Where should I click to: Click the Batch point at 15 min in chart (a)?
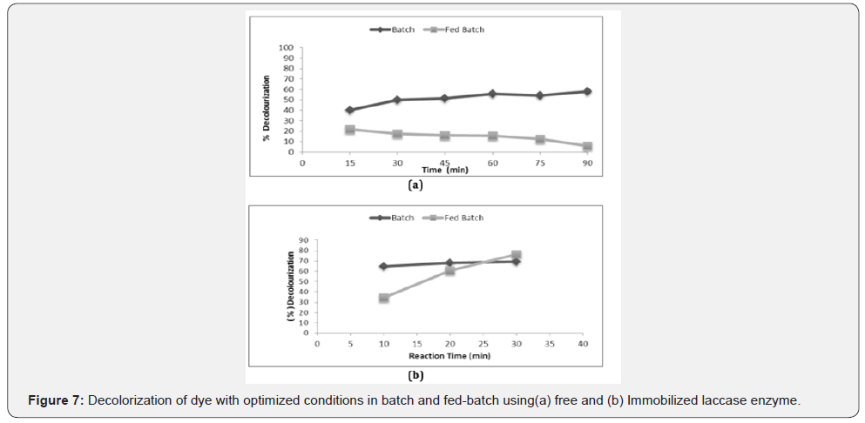pyautogui.click(x=350, y=111)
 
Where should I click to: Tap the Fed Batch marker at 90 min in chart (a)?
pyautogui.click(x=587, y=146)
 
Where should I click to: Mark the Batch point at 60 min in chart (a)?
pyautogui.click(x=492, y=94)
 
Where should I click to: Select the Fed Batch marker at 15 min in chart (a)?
pyautogui.click(x=350, y=130)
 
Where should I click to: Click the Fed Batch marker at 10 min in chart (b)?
pyautogui.click(x=383, y=298)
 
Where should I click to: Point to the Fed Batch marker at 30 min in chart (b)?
pyautogui.click(x=517, y=256)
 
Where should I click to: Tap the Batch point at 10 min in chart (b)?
pyautogui.click(x=383, y=266)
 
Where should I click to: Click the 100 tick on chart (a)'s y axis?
pyautogui.click(x=287, y=47)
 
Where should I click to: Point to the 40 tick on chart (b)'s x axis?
pyautogui.click(x=583, y=344)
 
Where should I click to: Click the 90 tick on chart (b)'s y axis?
pyautogui.click(x=303, y=240)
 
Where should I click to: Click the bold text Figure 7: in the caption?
pyautogui.click(x=57, y=399)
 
